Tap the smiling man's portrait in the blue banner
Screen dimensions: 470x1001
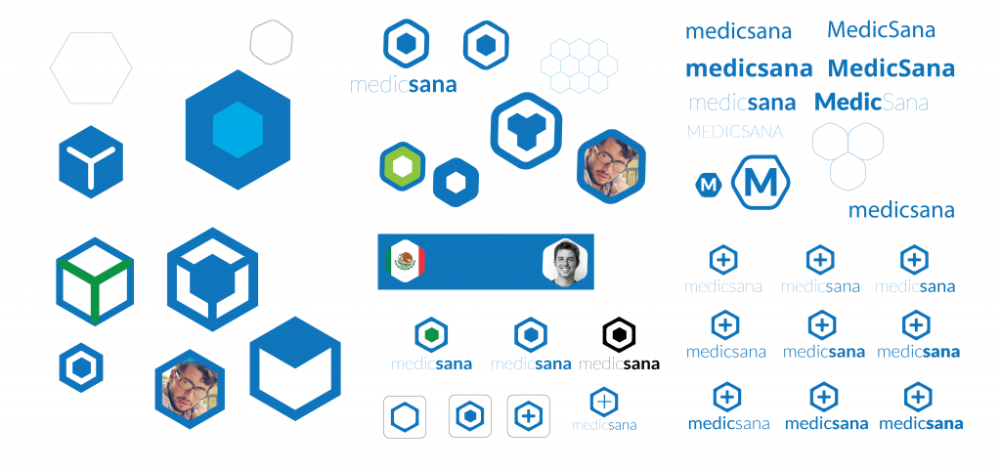[x=566, y=262]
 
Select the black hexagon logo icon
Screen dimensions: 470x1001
[x=619, y=334]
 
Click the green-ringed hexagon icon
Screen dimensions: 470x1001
[x=401, y=167]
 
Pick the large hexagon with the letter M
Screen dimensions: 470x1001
[x=762, y=182]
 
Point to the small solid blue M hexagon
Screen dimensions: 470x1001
[x=709, y=183]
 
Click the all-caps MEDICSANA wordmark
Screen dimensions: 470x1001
[x=735, y=131]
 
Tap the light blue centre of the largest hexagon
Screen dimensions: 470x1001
[x=238, y=129]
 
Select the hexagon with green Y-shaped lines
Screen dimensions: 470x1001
[x=94, y=281]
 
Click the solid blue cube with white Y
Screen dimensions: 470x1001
[x=90, y=162]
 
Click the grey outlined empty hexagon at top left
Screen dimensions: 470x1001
[x=91, y=66]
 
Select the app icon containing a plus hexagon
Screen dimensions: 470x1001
[x=529, y=416]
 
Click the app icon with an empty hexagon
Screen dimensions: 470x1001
[x=405, y=416]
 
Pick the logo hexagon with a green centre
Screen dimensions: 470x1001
[x=431, y=334]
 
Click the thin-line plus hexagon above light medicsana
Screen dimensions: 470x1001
[x=605, y=401]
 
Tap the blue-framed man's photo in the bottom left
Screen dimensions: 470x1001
[x=190, y=389]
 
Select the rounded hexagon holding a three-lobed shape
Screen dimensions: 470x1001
[x=526, y=130]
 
